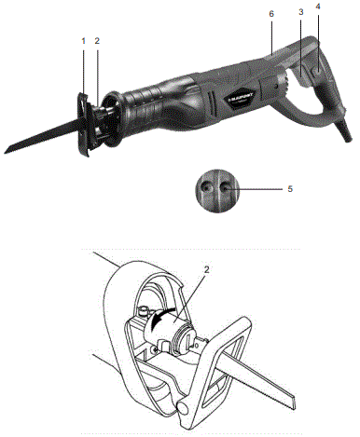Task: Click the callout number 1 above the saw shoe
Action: click(82, 42)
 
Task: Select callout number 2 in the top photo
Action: click(97, 42)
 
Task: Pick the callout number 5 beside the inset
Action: click(290, 188)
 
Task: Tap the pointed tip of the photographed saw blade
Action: click(7, 149)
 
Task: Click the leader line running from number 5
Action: click(258, 189)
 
